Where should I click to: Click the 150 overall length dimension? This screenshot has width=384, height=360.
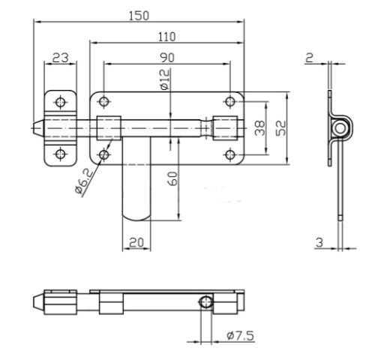point(139,16)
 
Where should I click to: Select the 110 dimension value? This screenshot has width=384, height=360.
point(166,37)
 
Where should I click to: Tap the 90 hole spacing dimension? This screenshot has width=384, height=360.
point(167,58)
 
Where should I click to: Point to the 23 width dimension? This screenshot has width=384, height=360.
point(60,58)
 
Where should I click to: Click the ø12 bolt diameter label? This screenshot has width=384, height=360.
point(165,79)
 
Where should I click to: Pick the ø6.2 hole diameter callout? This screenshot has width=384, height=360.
point(84,181)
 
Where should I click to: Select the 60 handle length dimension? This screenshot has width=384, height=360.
point(173,178)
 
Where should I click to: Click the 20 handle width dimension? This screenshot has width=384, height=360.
point(136,242)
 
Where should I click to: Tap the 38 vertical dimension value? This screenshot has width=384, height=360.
point(259,128)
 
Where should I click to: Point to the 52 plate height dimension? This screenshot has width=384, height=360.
point(280,128)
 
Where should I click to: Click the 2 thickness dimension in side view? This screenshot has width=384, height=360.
point(309,58)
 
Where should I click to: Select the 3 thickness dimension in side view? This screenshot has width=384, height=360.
point(319,242)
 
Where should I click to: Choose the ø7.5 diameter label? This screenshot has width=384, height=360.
point(240,335)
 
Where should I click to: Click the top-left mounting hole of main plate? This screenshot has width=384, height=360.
point(104,102)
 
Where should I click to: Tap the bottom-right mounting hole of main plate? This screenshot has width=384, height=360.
point(230,154)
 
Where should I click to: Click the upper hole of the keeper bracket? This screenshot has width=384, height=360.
point(60,102)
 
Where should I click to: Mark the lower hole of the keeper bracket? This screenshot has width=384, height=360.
point(60,154)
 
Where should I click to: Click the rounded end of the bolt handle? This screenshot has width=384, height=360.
point(136,217)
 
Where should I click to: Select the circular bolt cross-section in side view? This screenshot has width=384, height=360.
point(339,128)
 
